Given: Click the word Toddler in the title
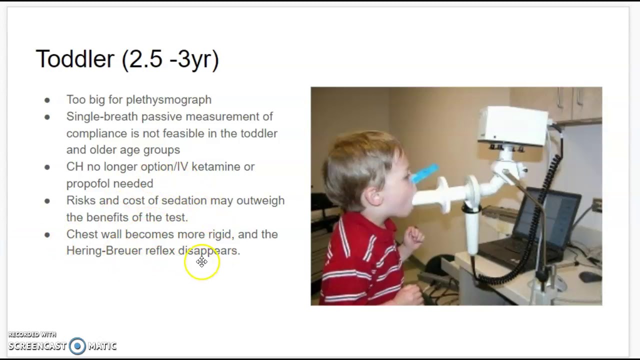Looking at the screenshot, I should click(75, 59).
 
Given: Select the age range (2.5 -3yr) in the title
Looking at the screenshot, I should click(170, 59).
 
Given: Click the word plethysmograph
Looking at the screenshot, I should click(168, 100).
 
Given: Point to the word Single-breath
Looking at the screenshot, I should click(102, 116).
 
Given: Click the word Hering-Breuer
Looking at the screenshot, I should click(104, 250).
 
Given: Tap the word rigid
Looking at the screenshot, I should click(220, 234).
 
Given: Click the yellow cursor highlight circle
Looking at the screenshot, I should click(202, 262).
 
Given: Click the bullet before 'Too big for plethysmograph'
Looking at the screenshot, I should click(47, 100).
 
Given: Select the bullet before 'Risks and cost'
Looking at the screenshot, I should click(47, 201).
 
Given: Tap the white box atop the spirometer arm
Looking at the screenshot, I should click(512, 125).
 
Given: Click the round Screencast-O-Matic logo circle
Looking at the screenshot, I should click(77, 346).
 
